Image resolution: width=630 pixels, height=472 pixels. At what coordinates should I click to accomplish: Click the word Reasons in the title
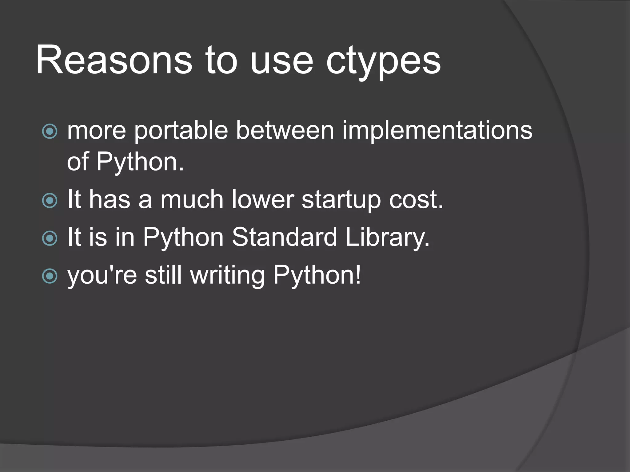[x=114, y=60]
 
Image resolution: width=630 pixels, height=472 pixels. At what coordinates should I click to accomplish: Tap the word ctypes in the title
[x=383, y=61]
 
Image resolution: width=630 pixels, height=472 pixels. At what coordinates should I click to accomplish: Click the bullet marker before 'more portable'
[x=50, y=131]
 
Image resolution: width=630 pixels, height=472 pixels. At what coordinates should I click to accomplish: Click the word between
[x=285, y=130]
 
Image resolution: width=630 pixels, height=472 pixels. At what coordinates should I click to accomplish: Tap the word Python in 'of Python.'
[x=140, y=163]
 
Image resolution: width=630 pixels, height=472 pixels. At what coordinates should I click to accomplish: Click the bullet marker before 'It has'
[x=50, y=201]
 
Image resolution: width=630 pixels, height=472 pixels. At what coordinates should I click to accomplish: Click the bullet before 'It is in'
[x=50, y=238]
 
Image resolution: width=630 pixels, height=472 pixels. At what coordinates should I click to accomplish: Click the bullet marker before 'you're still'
[x=50, y=276]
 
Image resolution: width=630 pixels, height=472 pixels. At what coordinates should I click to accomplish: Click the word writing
[x=227, y=276]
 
